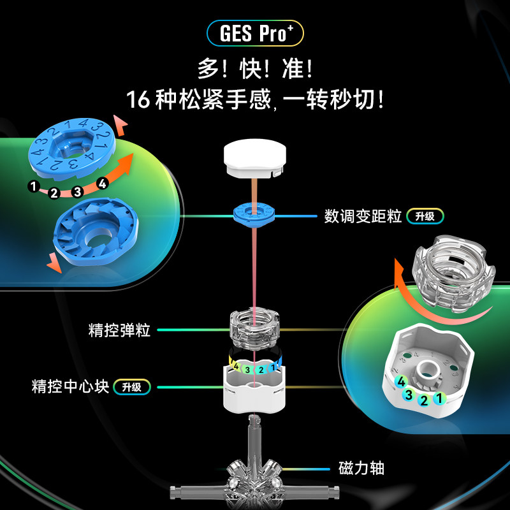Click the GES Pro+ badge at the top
(254, 33)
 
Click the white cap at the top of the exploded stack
(254, 159)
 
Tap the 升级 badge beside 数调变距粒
(425, 216)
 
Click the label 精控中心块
(70, 386)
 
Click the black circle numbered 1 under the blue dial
(33, 186)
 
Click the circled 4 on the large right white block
(401, 381)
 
